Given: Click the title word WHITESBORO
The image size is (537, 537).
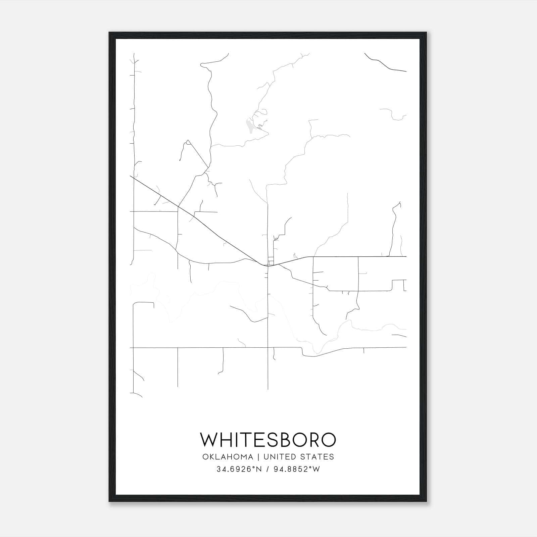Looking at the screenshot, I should (268, 440).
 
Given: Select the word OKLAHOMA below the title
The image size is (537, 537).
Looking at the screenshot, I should (228, 457).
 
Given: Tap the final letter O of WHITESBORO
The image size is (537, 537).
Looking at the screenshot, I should (328, 440).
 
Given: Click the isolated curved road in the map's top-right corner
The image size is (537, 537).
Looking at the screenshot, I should (383, 63).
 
